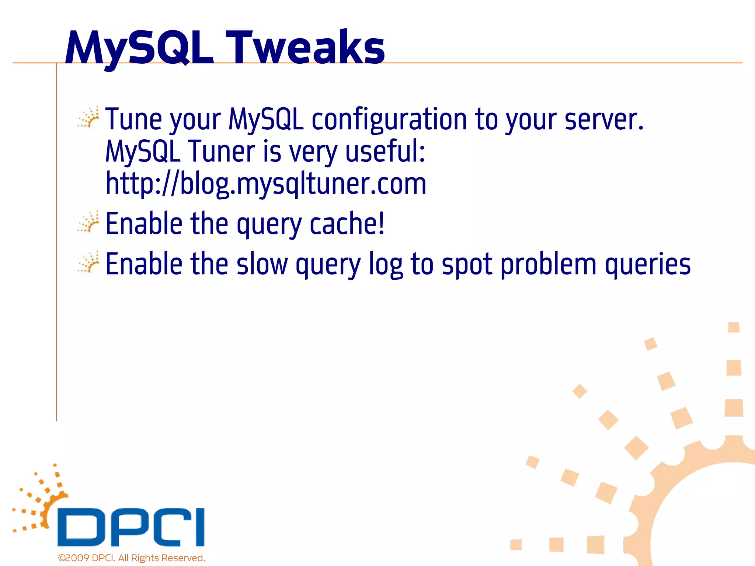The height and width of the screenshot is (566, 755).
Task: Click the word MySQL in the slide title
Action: [x=139, y=48]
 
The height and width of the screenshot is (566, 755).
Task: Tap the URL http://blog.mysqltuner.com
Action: [x=265, y=184]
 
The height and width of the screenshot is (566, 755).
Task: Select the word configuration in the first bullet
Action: [x=389, y=119]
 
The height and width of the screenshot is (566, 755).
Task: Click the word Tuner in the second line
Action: [x=222, y=151]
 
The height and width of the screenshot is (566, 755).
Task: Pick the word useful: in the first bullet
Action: [x=385, y=151]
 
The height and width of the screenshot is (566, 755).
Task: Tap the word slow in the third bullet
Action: [x=262, y=264]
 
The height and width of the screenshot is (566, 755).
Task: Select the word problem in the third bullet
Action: [x=548, y=264]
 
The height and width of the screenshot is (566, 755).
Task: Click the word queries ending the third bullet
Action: [x=648, y=264]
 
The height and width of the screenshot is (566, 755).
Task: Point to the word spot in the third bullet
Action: [x=467, y=264]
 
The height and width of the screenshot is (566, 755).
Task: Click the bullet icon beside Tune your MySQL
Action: [x=88, y=118]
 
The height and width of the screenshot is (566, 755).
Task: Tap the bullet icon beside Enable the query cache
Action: [x=88, y=222]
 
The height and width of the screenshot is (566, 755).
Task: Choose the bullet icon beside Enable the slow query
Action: [x=88, y=262]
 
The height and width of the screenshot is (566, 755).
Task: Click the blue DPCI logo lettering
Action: [x=131, y=527]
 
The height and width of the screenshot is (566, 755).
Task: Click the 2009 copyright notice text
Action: [x=131, y=558]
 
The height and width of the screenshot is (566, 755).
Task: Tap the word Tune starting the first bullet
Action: [x=133, y=119]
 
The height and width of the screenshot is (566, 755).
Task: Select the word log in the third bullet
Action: [x=386, y=264]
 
